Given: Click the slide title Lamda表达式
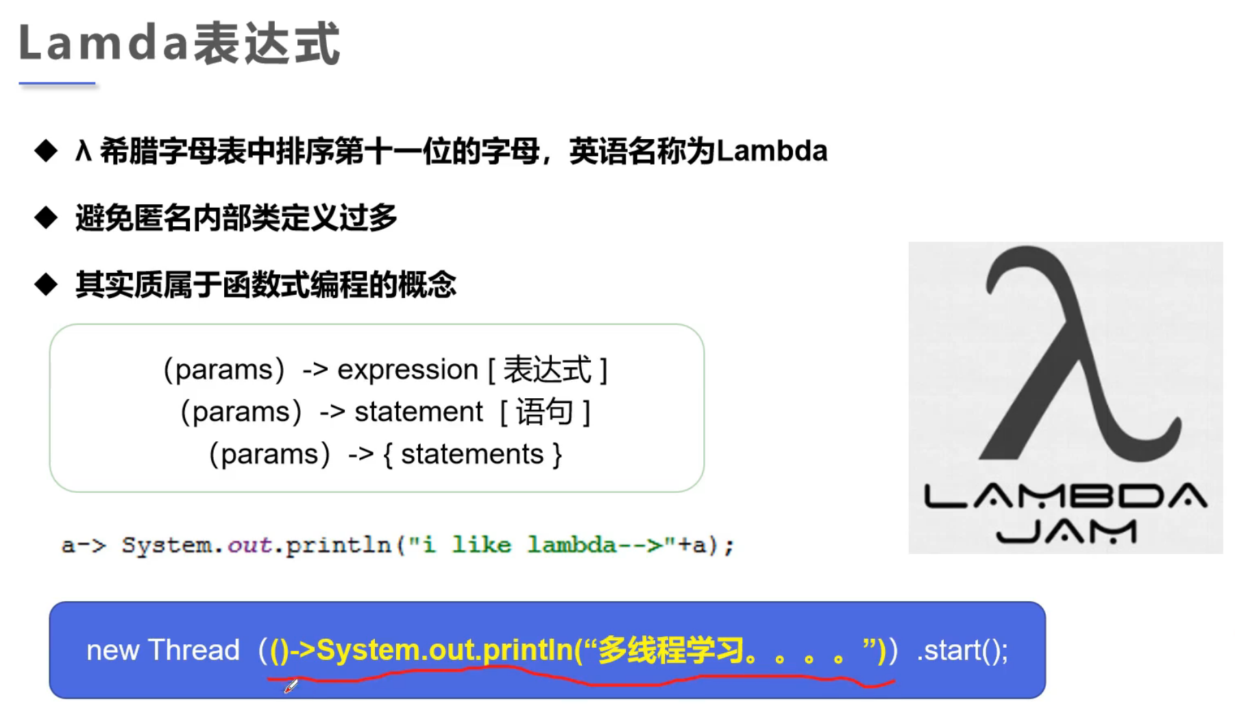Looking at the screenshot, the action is tap(180, 43).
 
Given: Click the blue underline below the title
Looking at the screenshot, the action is tap(57, 84).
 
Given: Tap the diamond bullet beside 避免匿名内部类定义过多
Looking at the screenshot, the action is tap(46, 217).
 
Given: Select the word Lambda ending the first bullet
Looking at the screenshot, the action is tap(772, 150).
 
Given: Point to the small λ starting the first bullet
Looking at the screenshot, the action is tap(83, 150).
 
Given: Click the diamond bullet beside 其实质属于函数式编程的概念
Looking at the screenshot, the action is tap(46, 284).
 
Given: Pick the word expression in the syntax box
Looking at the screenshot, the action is tap(408, 370).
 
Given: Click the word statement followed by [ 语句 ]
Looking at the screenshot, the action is tap(419, 412).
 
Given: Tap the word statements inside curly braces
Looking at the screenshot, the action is tap(472, 454).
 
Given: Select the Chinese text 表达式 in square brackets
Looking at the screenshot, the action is tap(547, 369).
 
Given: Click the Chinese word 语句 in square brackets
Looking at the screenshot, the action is tap(545, 412).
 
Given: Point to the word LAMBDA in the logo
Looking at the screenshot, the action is tap(1066, 496).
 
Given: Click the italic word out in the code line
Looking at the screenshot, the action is tap(249, 545).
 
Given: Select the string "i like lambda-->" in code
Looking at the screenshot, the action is tap(535, 544).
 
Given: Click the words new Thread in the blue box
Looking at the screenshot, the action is tap(163, 650).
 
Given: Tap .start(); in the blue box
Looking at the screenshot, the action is tap(963, 650).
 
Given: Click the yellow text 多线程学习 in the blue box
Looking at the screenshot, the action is tap(671, 650).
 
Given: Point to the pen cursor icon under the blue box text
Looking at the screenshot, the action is tap(291, 685).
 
